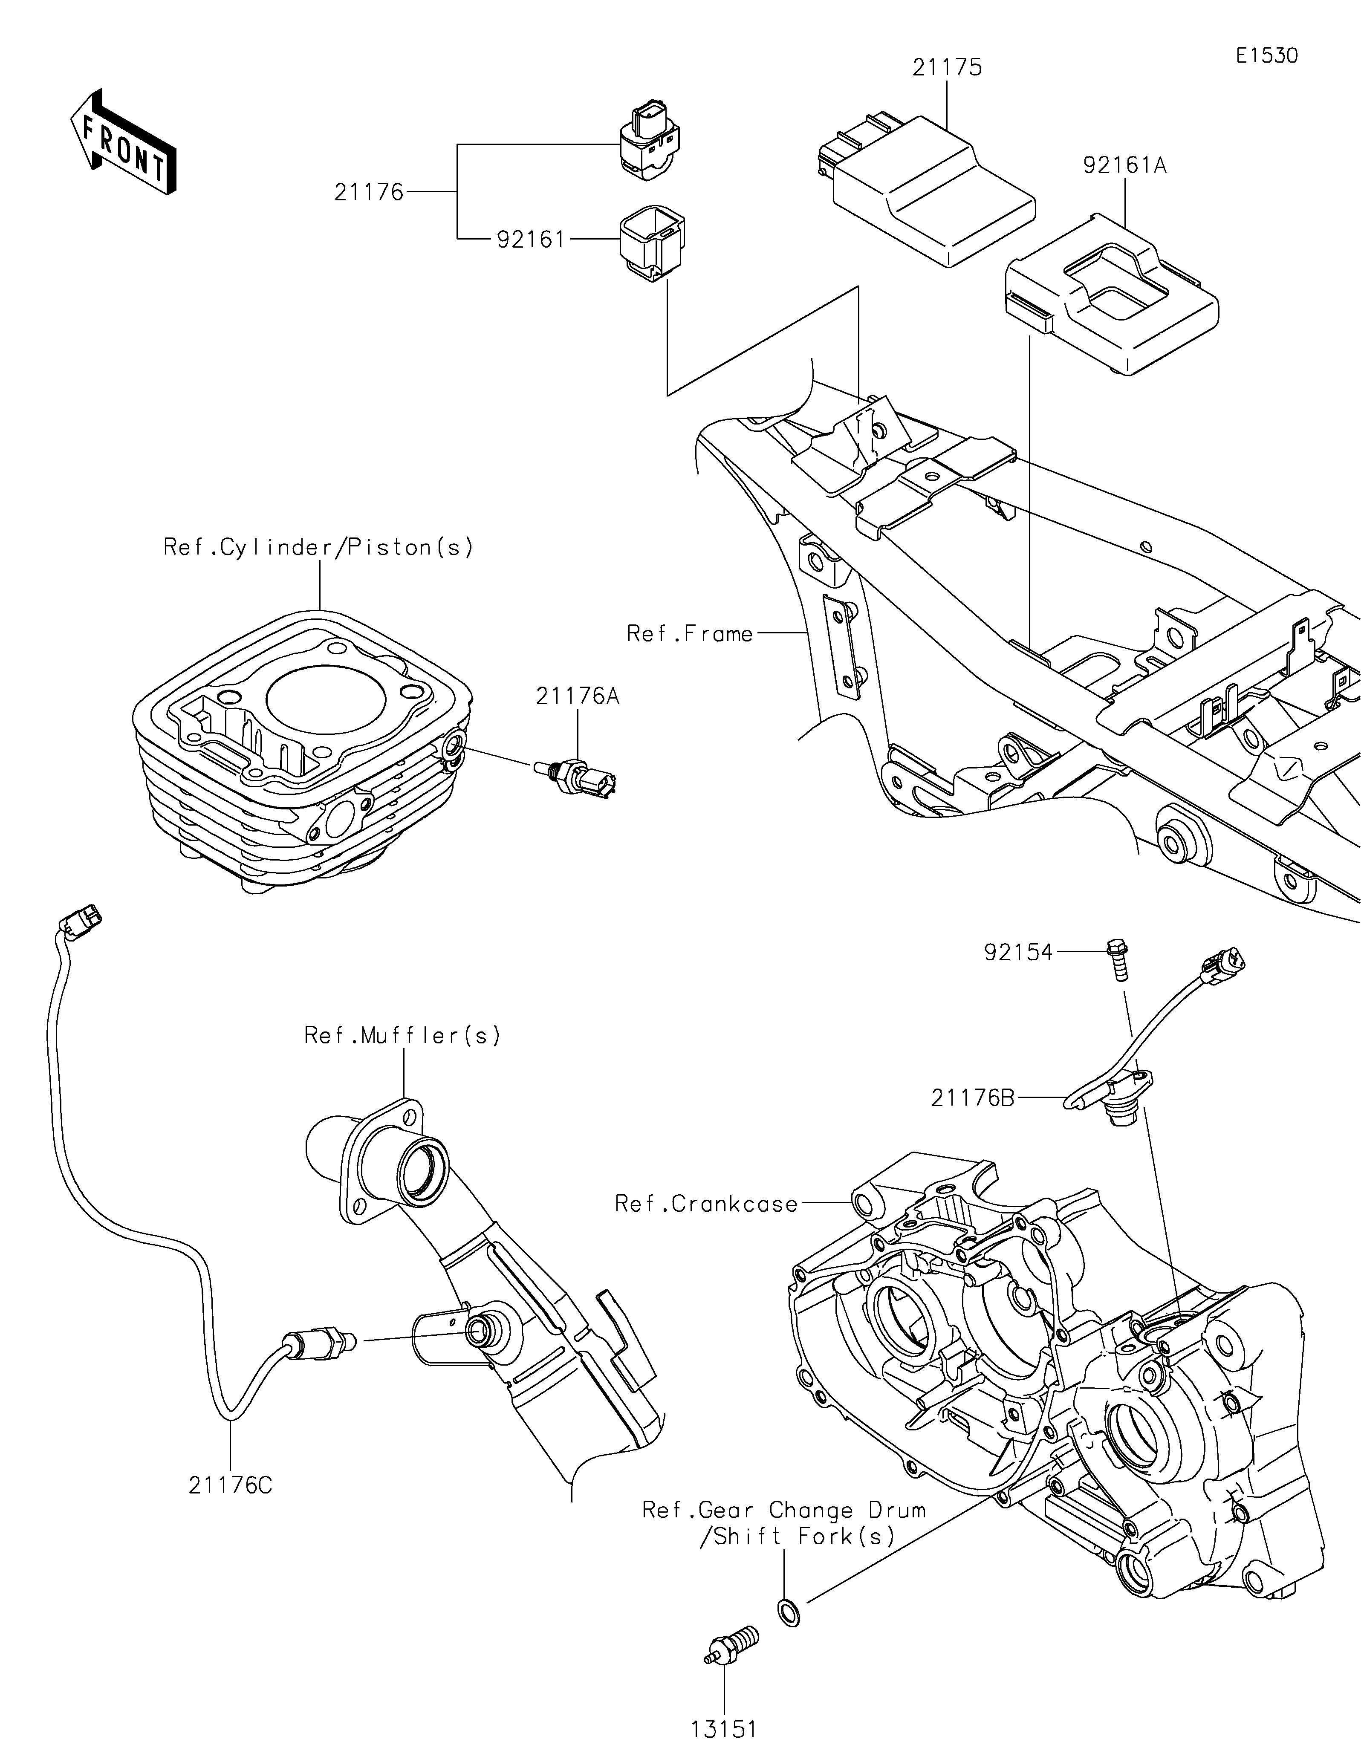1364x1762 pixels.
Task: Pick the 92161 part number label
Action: [x=531, y=240]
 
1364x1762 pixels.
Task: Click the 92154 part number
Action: [x=1018, y=953]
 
